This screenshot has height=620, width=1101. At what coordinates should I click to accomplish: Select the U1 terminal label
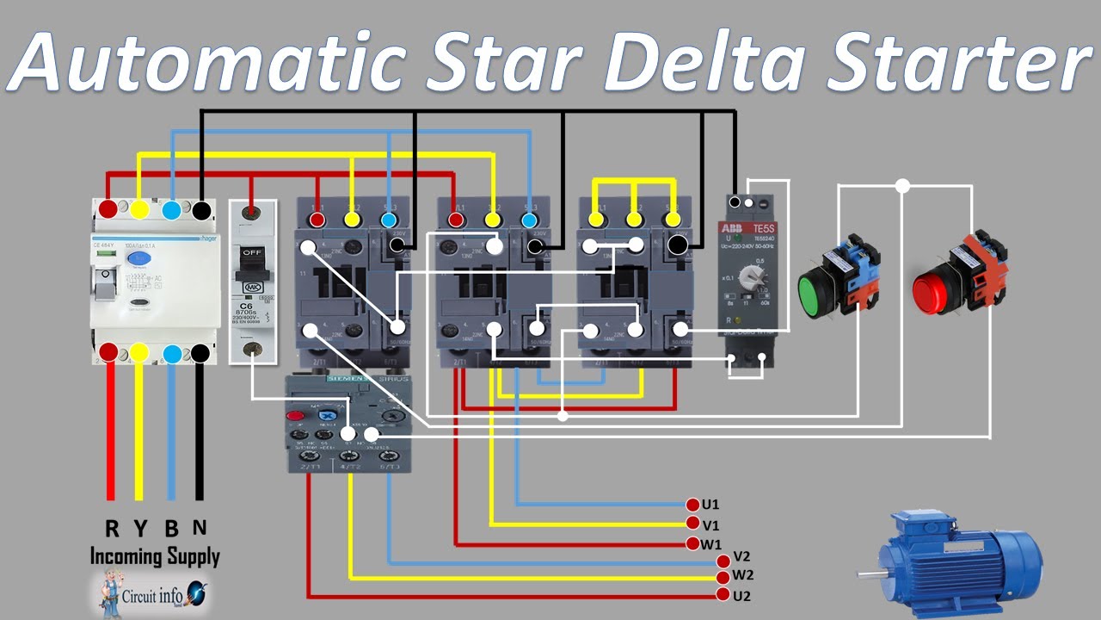click(x=710, y=505)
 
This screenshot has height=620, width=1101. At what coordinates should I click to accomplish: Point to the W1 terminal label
click(x=710, y=544)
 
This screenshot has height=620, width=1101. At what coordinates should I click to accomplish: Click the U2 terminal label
click(x=742, y=595)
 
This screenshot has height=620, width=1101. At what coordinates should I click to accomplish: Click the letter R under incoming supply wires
click(x=112, y=528)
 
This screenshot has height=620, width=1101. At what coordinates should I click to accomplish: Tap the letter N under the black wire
click(x=200, y=528)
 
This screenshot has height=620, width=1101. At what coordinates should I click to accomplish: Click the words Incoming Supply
click(x=155, y=556)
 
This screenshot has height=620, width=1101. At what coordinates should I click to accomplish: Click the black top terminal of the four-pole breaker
click(x=201, y=209)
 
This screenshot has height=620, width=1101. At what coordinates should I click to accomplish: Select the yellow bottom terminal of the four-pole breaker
click(x=140, y=353)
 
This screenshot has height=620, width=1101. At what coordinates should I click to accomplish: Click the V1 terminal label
click(x=710, y=524)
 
